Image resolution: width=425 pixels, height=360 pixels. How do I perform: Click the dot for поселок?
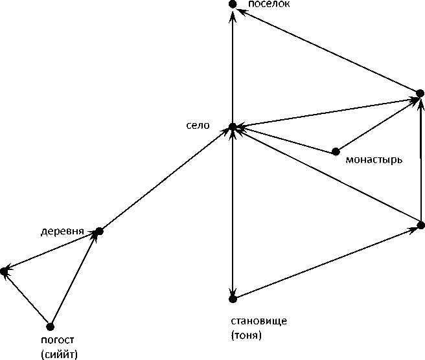pos(233,5)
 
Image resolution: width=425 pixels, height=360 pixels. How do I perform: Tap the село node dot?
pos(233,126)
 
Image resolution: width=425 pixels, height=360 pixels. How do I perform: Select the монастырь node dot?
pos(335,152)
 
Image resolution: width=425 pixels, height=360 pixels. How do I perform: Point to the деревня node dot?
pos(99,231)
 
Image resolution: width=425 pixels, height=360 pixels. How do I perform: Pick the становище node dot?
pos(233,298)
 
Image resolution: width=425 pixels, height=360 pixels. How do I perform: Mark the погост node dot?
pos(51,326)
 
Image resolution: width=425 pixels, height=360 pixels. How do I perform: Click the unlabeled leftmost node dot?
pos(4,272)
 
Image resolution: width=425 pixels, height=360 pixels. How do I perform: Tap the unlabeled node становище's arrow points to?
pos(420,225)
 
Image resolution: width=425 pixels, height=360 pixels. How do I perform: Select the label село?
pos(197,126)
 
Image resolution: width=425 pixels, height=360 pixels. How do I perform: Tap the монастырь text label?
pos(375,159)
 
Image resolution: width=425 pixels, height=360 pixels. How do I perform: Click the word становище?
pos(258,322)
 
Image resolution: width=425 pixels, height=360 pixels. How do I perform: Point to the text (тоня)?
pos(246,335)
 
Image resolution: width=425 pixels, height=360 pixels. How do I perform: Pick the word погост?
pos(57,341)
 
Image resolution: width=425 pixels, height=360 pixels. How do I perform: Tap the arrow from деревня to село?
pos(166,179)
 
